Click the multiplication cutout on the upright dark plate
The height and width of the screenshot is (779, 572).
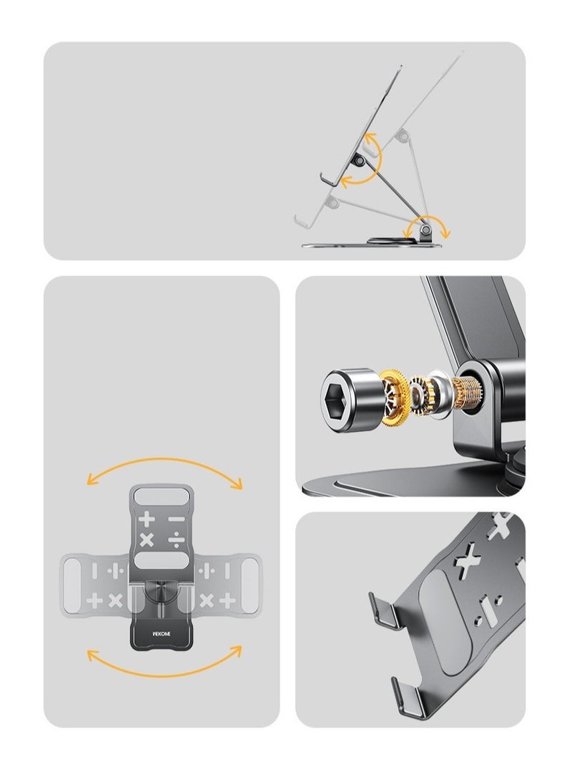coord(147,539)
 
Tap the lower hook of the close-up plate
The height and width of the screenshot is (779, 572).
coord(404,696)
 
